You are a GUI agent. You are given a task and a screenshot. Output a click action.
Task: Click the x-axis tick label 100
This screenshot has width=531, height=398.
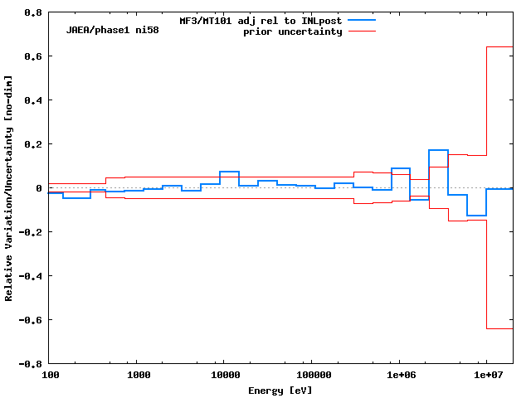click(x=50, y=376)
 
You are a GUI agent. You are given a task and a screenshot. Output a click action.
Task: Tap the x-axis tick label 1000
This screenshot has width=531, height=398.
click(x=139, y=376)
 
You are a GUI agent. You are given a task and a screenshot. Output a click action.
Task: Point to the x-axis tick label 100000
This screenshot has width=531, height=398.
click(x=310, y=376)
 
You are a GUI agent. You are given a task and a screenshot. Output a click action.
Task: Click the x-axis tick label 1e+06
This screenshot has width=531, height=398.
click(x=399, y=376)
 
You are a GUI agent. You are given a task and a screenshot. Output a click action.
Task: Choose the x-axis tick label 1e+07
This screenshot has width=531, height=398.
click(x=487, y=376)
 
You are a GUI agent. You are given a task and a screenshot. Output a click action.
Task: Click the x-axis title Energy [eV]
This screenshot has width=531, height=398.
click(x=280, y=390)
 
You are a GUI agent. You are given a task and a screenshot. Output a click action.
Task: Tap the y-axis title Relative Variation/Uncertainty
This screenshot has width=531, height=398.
click(x=9, y=188)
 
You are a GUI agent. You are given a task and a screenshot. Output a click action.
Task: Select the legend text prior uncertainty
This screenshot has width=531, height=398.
click(x=292, y=32)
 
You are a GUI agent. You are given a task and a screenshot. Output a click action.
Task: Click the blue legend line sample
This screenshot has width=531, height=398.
click(x=362, y=19)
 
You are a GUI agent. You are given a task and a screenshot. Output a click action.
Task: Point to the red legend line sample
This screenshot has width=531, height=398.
click(x=362, y=32)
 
